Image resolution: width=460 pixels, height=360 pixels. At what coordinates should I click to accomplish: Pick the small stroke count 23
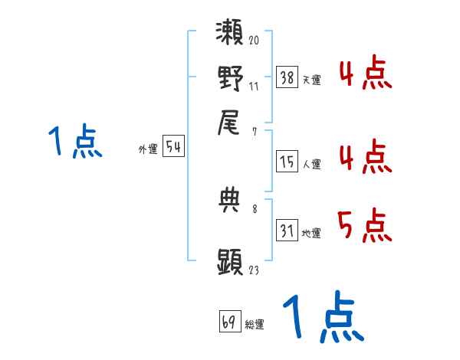254,269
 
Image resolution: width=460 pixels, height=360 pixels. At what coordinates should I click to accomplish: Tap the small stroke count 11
254,87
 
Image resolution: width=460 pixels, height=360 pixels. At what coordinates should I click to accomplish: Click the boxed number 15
287,162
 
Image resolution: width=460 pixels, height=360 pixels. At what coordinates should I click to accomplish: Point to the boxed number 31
287,231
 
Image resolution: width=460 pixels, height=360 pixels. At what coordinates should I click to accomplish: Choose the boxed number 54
173,148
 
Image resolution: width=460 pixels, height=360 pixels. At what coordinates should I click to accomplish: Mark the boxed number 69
228,322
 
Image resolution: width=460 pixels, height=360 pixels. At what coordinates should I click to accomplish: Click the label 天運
311,80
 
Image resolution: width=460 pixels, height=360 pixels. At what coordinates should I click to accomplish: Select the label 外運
148,150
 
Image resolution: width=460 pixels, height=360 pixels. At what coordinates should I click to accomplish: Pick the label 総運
254,325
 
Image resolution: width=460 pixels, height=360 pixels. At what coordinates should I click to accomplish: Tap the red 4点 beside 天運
365,74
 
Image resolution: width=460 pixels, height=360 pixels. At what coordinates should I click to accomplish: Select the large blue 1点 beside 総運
322,317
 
